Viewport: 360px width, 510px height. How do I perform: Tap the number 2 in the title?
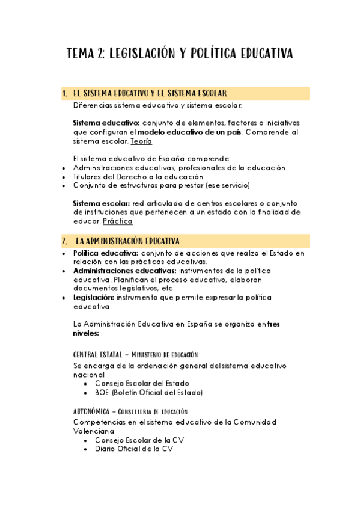99,54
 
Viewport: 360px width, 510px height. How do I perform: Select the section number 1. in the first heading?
64,93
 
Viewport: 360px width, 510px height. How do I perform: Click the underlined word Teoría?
141,141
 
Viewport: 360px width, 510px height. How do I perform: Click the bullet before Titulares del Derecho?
64,177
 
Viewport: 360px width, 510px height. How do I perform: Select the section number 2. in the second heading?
64,242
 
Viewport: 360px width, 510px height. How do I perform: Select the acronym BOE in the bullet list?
102,393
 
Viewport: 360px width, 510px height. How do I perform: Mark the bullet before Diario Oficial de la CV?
87,449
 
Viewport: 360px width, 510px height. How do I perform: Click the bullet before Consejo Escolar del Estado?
87,383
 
